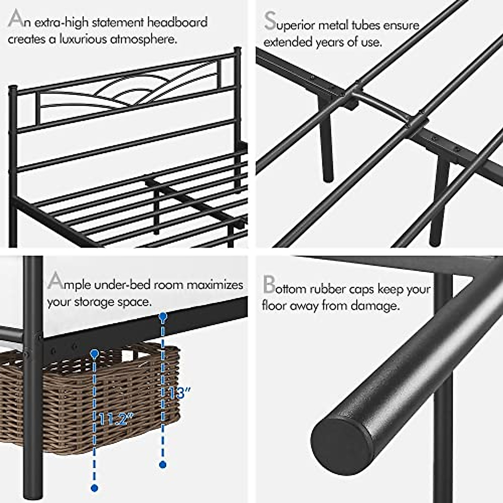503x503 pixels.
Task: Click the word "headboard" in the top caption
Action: pos(177,22)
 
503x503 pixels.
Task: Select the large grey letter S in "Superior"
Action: pos(270,21)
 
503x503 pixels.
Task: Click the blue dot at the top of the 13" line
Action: pos(163,317)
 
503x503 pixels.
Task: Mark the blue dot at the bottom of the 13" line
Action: pos(163,464)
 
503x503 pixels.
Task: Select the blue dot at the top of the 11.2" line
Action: pos(94,354)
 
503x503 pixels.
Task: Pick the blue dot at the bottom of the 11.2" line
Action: pos(94,487)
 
